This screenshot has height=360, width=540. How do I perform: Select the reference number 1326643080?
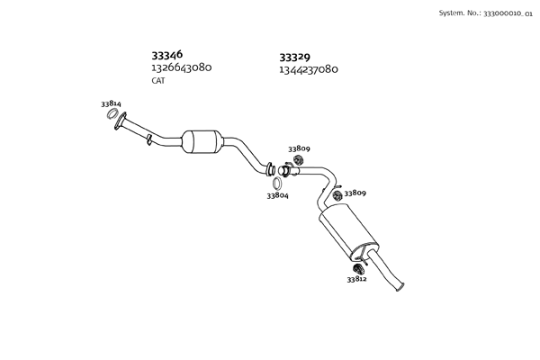[181, 67]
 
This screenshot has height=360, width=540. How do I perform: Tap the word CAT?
[158, 81]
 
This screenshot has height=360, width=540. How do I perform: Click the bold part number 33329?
[295, 56]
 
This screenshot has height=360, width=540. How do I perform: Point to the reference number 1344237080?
[309, 69]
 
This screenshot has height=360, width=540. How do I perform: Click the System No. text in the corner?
[486, 13]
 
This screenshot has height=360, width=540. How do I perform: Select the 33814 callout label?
[112, 104]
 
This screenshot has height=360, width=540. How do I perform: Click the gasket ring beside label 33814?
[111, 114]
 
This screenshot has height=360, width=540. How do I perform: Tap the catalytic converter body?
[202, 141]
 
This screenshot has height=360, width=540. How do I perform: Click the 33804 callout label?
[277, 195]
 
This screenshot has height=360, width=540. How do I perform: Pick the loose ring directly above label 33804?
[277, 183]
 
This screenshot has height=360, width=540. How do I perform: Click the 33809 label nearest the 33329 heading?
[299, 148]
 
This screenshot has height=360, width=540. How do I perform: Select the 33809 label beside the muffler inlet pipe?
[355, 193]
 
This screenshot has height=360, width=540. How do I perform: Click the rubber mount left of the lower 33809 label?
[337, 195]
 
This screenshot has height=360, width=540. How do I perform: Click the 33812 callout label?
[356, 279]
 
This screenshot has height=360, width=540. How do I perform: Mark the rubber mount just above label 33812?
[356, 267]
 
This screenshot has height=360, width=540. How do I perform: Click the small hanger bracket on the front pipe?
[148, 137]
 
